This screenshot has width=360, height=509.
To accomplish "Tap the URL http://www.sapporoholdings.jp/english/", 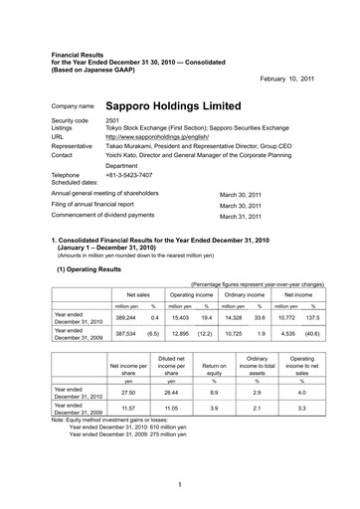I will pyautogui.click(x=163, y=136).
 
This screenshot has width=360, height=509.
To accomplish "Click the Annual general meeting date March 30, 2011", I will pyautogui.click(x=240, y=196).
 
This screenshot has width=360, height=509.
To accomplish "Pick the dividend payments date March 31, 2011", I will pyautogui.click(x=240, y=216).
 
